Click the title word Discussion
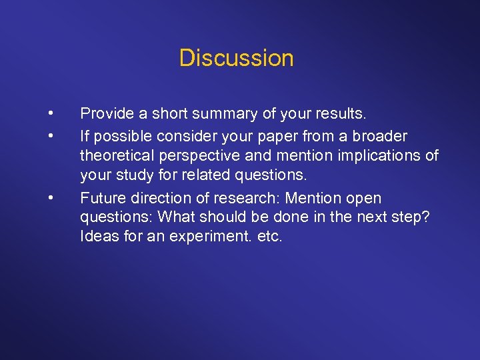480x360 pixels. (236, 58)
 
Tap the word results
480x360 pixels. (344, 114)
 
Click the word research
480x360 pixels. (243, 198)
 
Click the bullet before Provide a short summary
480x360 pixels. (50, 114)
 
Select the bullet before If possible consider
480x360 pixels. (50, 136)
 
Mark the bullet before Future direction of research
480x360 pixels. (50, 198)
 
